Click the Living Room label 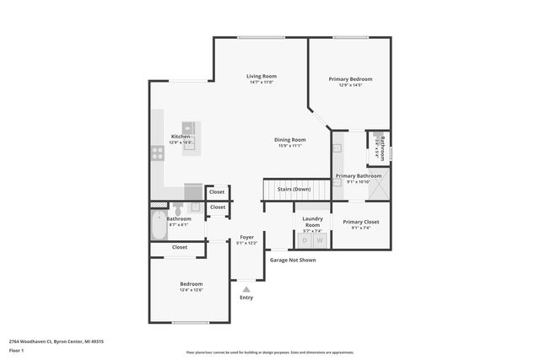pos(262,76)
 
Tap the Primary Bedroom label pos(350,78)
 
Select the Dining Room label pos(289,139)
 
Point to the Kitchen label pos(181,137)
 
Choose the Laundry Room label pos(313,223)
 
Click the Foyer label pos(246,237)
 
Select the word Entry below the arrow pos(246,298)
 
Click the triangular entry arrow pos(246,287)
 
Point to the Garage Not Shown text pos(293,260)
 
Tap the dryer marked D pos(305,240)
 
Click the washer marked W pos(320,240)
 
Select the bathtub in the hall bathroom pos(158,226)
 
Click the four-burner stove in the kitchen pos(157,153)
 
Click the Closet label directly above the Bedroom pos(180,247)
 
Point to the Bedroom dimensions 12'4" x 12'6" pos(191,290)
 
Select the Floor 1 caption pos(16,349)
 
